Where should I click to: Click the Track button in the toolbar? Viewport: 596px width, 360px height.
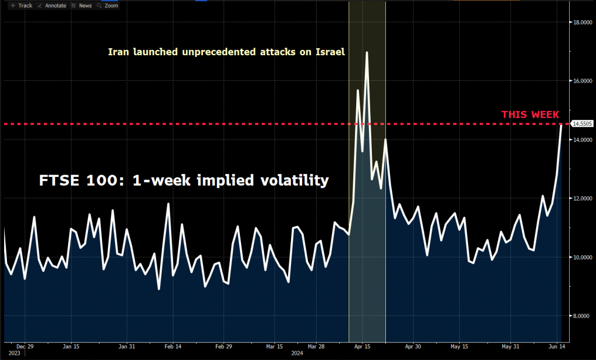[x=22, y=5]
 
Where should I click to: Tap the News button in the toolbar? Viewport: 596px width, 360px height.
[x=82, y=5]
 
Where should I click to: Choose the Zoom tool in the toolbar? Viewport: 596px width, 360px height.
[x=109, y=5]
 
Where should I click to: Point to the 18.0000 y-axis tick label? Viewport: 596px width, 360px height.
[x=583, y=22]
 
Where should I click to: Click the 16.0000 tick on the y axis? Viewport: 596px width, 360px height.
[x=583, y=81]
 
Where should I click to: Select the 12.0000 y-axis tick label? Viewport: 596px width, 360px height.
[x=583, y=198]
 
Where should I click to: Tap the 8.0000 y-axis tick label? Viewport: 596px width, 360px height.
[x=583, y=316]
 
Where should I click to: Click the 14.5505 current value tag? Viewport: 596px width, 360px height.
[x=583, y=124]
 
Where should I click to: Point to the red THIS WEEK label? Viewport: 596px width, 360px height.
[x=530, y=115]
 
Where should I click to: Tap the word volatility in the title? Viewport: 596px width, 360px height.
[x=296, y=180]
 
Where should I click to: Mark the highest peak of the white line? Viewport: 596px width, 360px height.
[x=367, y=52]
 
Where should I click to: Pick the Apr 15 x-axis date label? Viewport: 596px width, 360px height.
[x=363, y=345]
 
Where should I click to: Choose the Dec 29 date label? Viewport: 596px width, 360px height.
[x=25, y=345]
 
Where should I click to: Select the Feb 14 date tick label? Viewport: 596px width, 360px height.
[x=174, y=345]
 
